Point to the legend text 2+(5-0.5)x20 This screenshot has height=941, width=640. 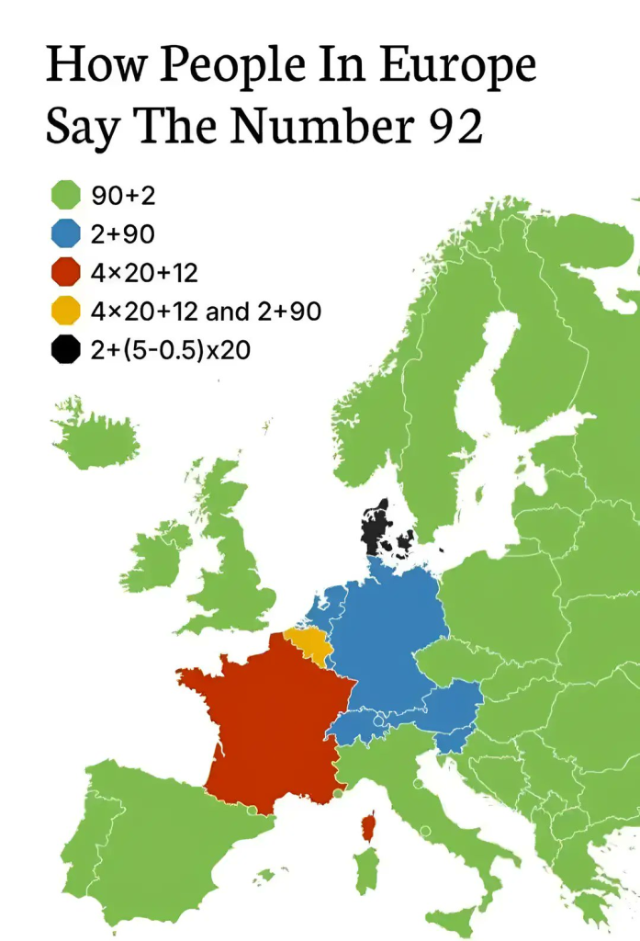coord(171,350)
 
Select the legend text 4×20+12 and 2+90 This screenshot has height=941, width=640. coord(206,312)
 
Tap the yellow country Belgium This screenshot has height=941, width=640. coord(309,642)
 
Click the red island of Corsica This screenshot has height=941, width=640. coord(369,827)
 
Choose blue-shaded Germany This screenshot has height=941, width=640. coord(386,634)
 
